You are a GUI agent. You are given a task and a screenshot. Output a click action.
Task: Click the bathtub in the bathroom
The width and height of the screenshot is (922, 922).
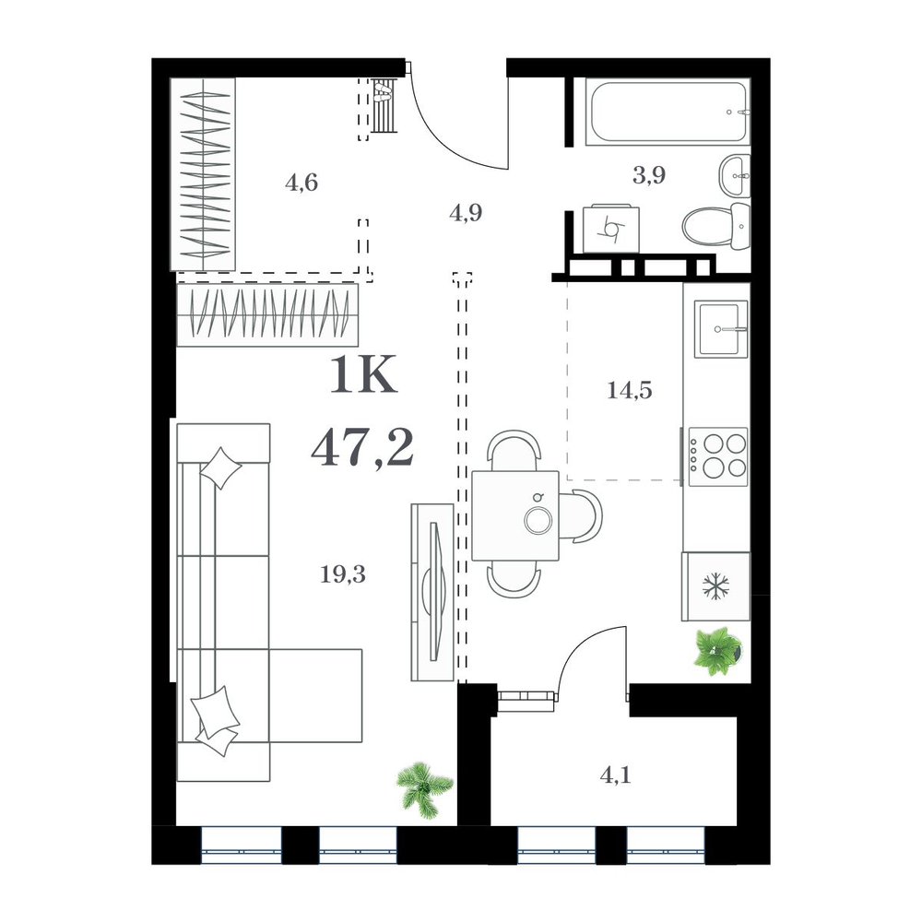point(668,112)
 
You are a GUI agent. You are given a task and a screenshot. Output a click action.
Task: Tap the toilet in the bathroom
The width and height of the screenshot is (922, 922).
point(717,226)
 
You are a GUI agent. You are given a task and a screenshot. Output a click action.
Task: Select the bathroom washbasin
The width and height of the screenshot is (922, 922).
point(735,175)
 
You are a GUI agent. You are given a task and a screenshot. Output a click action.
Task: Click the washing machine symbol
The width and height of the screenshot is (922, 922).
point(611,230)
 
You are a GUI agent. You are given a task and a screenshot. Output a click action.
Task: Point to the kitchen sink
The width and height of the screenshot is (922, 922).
point(721,329)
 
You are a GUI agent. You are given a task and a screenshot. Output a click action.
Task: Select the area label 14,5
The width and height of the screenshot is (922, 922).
point(629,390)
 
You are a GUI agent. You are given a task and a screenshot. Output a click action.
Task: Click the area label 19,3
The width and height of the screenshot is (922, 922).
point(343,573)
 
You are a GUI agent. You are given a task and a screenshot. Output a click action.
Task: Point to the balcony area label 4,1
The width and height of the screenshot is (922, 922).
point(615,775)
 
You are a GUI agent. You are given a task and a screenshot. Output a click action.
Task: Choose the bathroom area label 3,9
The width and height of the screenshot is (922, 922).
point(648,175)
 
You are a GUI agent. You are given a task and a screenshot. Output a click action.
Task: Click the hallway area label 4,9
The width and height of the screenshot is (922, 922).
point(466,212)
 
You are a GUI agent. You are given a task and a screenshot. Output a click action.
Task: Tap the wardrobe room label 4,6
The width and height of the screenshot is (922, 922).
point(301,183)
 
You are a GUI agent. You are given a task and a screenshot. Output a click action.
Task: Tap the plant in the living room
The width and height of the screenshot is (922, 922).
point(424,790)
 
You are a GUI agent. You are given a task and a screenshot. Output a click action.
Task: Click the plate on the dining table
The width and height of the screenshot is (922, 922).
point(538,521)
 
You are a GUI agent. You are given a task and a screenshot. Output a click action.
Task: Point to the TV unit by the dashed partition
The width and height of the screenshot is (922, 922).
point(432,592)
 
